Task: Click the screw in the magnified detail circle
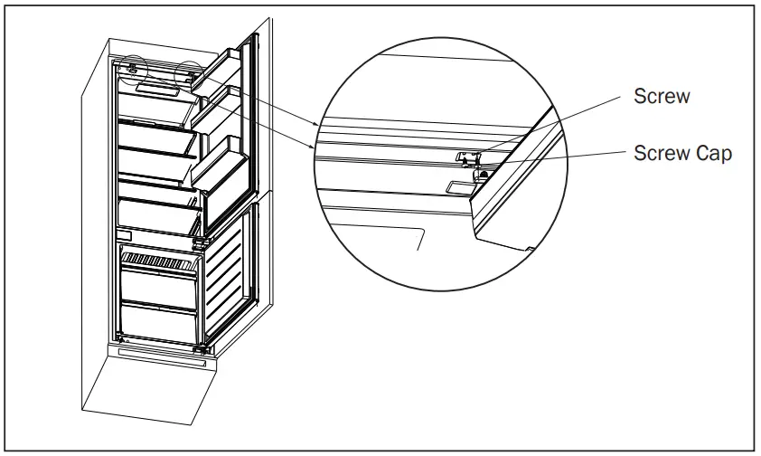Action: coord(467,157)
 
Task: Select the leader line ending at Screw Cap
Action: coord(560,158)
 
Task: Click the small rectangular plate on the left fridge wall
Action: coord(125,235)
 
